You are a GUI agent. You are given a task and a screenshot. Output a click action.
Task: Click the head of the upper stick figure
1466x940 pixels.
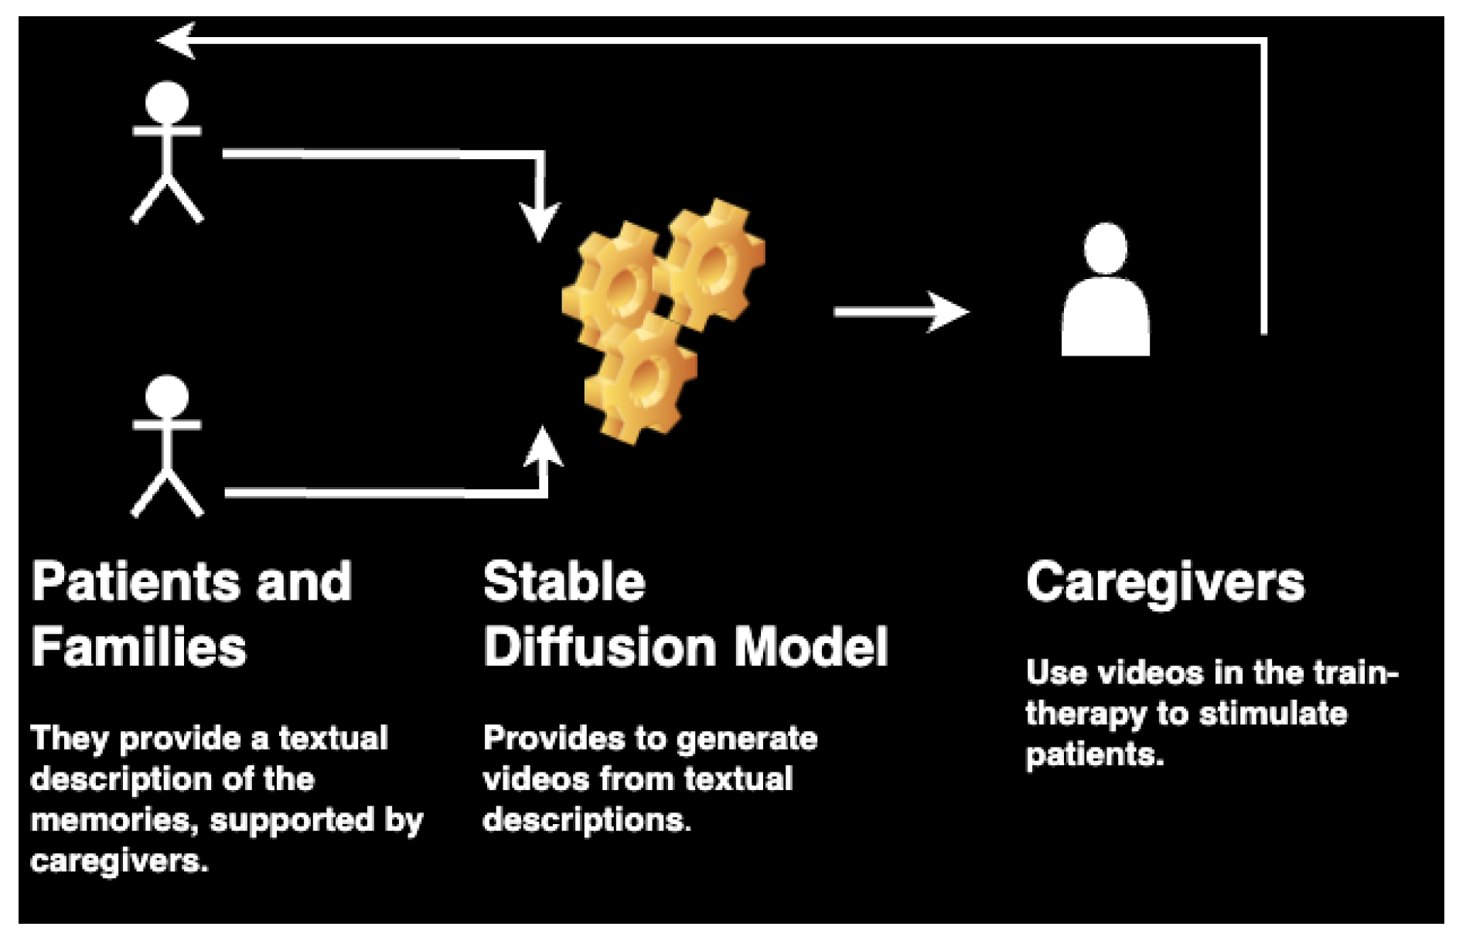[167, 103]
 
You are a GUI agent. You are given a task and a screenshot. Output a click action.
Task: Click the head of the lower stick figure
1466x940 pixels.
[167, 397]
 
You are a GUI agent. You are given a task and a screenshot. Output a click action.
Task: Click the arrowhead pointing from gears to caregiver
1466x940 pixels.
[949, 312]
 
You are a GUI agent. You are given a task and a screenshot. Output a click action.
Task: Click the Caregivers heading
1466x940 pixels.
[1165, 583]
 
